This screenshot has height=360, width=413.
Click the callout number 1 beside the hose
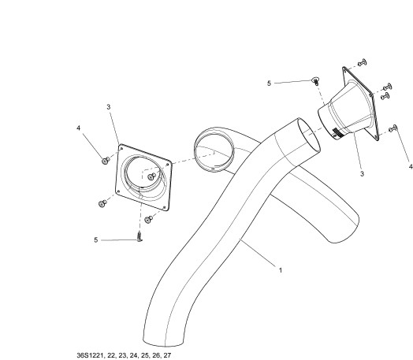coord(281,270)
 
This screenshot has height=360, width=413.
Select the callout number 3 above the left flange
coord(109,107)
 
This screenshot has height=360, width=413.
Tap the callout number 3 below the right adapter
coord(363,173)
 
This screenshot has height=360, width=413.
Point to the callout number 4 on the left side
coord(79,128)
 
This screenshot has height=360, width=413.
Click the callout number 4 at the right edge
coord(411,166)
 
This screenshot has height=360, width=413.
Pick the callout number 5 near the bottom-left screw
coord(96,240)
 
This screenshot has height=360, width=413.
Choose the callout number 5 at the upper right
coord(269,84)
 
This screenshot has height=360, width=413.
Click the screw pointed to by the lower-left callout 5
coord(140,236)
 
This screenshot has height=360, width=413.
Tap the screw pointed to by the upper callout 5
coord(315,80)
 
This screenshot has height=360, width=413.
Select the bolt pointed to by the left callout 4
coord(106,160)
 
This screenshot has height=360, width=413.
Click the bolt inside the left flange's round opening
coord(151,176)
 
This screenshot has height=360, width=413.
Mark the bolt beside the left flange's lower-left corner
coord(102,203)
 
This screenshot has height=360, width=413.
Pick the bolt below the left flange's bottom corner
coord(149,219)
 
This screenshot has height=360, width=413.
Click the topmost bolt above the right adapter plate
coord(363,63)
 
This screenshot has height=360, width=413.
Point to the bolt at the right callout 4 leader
coord(393,128)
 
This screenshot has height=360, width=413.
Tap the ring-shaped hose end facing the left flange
coord(214,150)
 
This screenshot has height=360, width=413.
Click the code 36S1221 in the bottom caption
coord(91,355)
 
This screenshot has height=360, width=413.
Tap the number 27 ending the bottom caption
coord(167,355)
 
